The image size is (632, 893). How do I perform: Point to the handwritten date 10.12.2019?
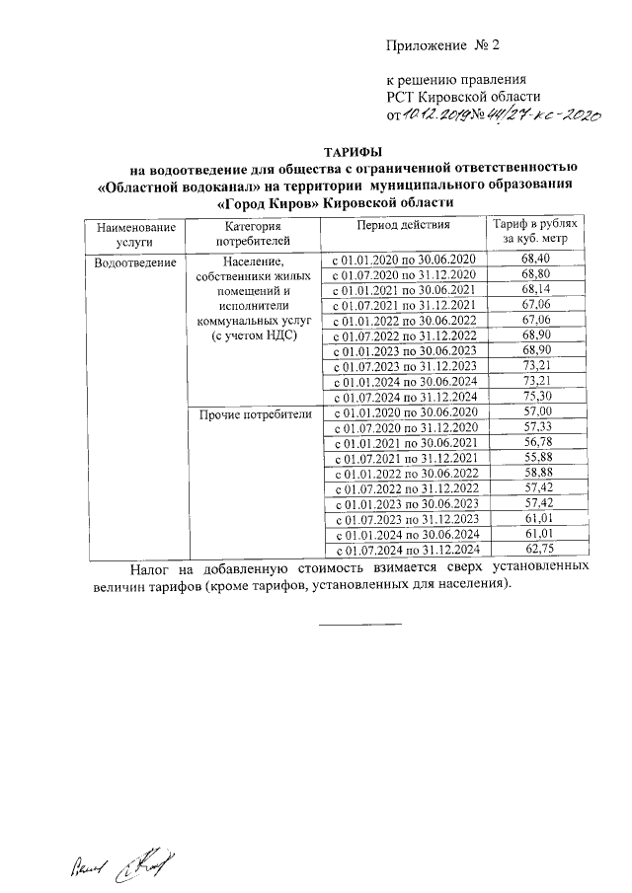[435, 115]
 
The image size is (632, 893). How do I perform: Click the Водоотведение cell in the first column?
[135, 262]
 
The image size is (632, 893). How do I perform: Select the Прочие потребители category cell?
[255, 414]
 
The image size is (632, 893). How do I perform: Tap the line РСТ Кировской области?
[463, 96]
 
